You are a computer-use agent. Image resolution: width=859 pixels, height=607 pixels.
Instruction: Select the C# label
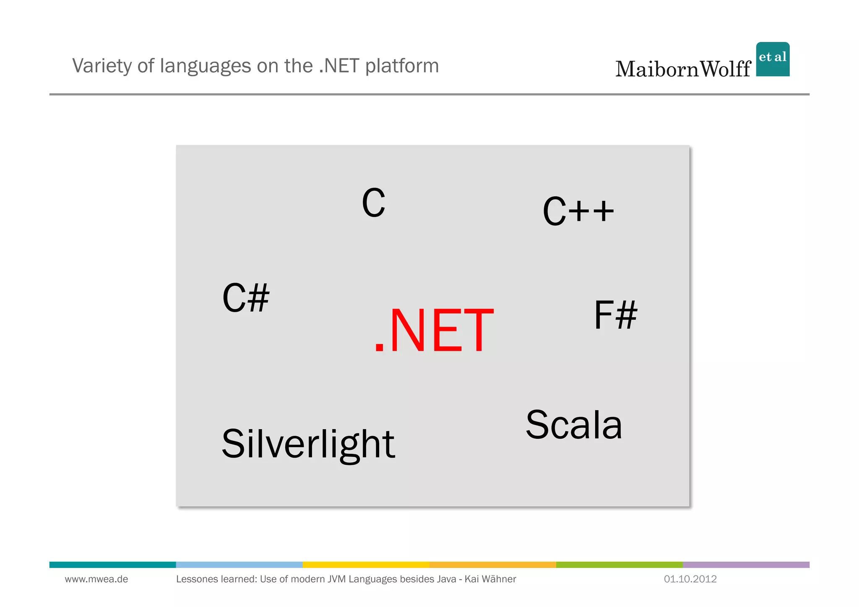246,298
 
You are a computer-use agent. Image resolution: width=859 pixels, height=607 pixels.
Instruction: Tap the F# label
615,315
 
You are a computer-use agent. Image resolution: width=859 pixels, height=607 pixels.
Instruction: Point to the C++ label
578,211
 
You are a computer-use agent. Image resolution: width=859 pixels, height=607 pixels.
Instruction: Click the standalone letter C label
373,203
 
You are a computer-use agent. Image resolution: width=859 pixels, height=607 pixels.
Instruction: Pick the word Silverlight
308,444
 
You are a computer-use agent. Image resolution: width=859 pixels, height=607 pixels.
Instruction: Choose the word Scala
574,425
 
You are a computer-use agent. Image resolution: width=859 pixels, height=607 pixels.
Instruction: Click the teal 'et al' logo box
773,59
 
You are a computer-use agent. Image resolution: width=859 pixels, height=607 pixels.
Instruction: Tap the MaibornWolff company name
683,69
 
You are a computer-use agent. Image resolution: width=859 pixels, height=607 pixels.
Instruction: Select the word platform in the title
402,66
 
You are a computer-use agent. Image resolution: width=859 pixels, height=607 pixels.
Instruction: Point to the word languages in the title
206,66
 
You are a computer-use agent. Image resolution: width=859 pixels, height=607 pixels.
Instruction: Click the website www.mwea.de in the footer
96,579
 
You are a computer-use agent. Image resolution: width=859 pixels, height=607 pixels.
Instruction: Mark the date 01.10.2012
690,579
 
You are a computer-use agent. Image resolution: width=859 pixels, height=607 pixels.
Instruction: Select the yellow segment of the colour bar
366,565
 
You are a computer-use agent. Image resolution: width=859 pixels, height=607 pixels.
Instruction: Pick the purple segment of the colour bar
746,565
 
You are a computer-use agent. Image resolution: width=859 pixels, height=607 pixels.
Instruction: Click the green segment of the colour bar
619,565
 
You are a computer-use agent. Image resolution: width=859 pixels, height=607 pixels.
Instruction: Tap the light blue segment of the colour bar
239,565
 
